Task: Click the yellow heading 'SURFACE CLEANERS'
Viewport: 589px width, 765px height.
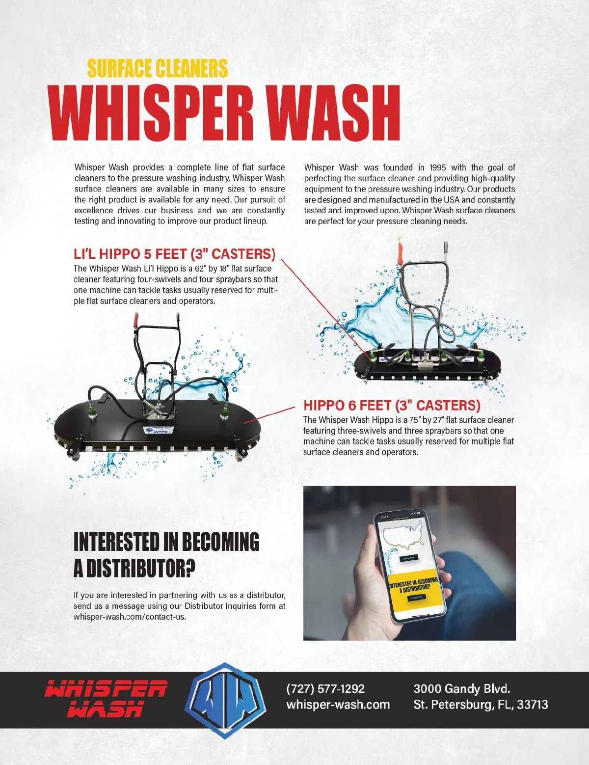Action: [x=157, y=68]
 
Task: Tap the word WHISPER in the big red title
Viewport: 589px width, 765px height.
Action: [x=152, y=112]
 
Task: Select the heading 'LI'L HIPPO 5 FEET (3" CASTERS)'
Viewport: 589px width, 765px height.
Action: [x=175, y=254]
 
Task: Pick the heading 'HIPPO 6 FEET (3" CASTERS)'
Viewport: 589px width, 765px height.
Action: [x=392, y=405]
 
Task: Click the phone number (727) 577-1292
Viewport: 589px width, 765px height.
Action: [x=325, y=688]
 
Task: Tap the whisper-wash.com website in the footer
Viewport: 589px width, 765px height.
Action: [x=338, y=705]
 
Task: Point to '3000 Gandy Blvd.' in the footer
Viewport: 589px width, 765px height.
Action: [x=462, y=688]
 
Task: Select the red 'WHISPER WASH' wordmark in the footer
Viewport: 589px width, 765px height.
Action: [x=106, y=699]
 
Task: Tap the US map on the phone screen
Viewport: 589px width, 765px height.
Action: [x=403, y=534]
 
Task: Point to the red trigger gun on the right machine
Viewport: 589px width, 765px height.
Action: [x=400, y=252]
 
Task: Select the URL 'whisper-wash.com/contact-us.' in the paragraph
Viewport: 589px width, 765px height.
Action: [x=130, y=617]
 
